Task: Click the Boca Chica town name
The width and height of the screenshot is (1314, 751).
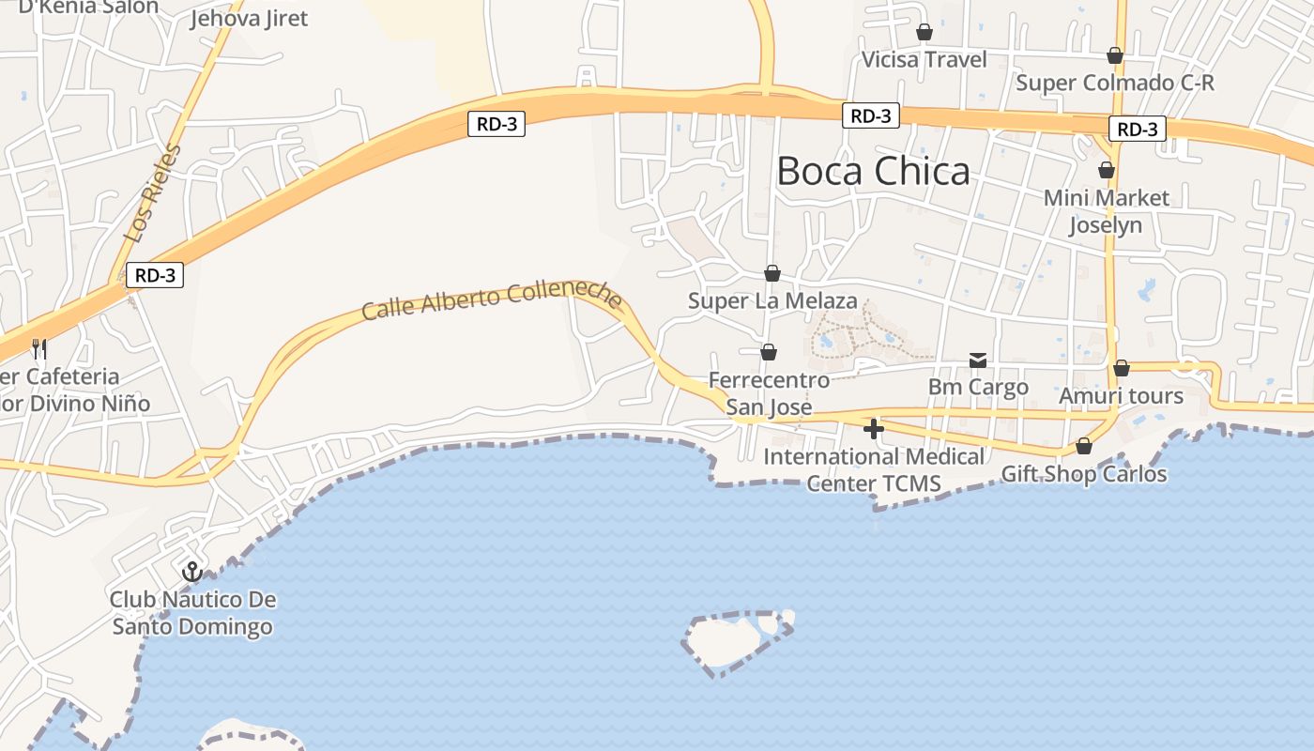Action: [873, 172]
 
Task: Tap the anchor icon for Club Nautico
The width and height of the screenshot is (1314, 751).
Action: [191, 571]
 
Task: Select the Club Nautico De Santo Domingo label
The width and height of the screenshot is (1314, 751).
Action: [192, 613]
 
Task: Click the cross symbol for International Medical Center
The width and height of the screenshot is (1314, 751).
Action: [874, 429]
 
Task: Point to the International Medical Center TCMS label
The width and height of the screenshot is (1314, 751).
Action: [874, 470]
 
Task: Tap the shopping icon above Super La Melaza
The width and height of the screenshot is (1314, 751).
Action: [772, 273]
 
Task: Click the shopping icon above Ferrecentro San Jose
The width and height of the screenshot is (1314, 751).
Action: [769, 352]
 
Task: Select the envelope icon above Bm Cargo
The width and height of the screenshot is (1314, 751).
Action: [978, 360]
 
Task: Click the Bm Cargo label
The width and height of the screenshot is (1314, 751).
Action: [978, 387]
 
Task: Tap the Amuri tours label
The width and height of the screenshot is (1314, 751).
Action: [1121, 396]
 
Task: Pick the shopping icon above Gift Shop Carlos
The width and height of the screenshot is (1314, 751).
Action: [1084, 446]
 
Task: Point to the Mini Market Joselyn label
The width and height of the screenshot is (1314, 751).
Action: [1107, 211]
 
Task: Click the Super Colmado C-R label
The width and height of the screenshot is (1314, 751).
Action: [1115, 83]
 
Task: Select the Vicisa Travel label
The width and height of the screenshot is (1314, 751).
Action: [924, 60]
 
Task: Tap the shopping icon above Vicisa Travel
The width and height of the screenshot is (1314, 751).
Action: [924, 32]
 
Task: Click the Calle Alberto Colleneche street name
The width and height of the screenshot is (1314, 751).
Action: [492, 299]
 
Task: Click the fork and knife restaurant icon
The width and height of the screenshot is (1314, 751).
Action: [38, 349]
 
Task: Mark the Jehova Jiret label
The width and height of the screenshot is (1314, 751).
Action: [249, 18]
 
